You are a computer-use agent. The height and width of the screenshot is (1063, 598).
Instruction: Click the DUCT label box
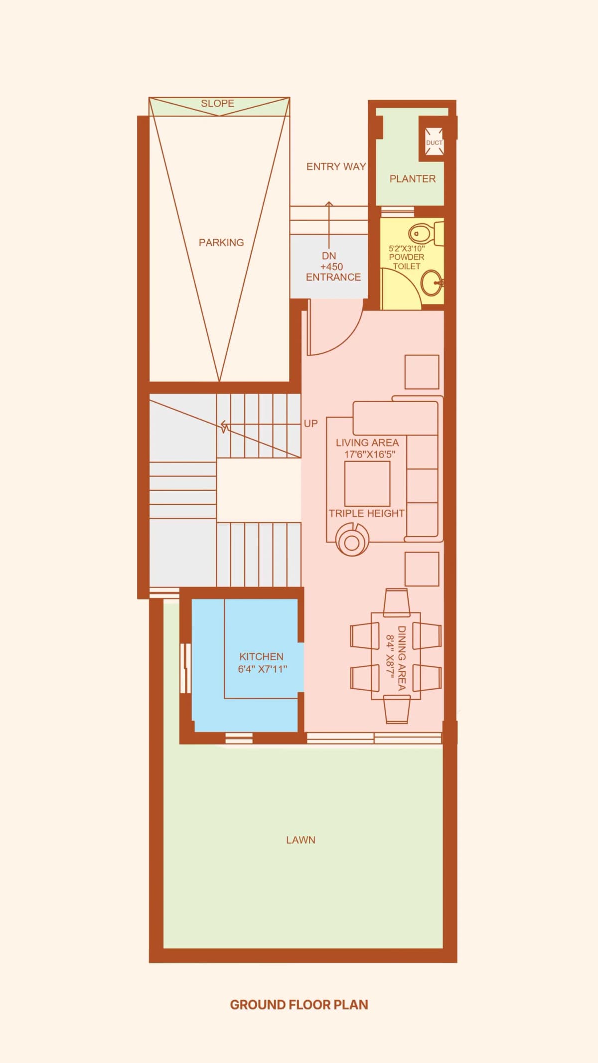click(x=434, y=143)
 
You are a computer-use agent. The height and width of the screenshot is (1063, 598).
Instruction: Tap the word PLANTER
click(x=412, y=179)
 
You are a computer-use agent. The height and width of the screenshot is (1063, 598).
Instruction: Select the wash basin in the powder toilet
click(x=431, y=283)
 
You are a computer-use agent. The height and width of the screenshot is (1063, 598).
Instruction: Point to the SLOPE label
click(x=217, y=104)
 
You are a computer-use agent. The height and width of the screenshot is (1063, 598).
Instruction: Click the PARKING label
click(x=221, y=243)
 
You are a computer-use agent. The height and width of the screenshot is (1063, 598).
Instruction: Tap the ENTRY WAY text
click(x=336, y=166)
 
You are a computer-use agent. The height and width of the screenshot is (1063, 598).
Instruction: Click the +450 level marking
click(x=331, y=267)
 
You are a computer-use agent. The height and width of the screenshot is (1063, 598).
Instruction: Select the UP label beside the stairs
click(x=310, y=424)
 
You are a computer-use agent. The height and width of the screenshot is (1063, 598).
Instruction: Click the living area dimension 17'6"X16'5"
click(x=369, y=454)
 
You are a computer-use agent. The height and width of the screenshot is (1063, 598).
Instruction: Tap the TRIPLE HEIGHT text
click(x=366, y=513)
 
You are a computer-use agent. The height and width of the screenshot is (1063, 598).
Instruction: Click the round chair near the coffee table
click(x=352, y=540)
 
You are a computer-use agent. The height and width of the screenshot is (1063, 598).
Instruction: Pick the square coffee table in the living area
click(x=367, y=483)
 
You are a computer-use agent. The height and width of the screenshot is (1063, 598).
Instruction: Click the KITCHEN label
click(x=261, y=656)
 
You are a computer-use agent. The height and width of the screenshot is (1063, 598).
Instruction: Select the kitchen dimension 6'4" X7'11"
click(x=263, y=669)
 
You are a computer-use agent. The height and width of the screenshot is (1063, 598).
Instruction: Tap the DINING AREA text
click(x=402, y=658)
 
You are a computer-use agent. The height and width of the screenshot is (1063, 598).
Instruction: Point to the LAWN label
click(x=300, y=840)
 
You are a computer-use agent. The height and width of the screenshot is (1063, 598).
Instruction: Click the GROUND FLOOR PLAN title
click(x=299, y=1004)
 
